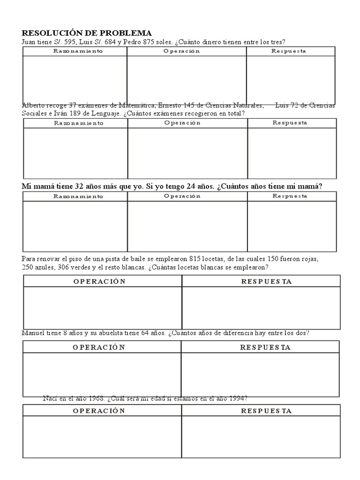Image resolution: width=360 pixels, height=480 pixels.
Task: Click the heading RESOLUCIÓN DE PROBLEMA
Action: point(87,33)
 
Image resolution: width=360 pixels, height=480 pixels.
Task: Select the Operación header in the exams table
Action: point(182,123)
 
